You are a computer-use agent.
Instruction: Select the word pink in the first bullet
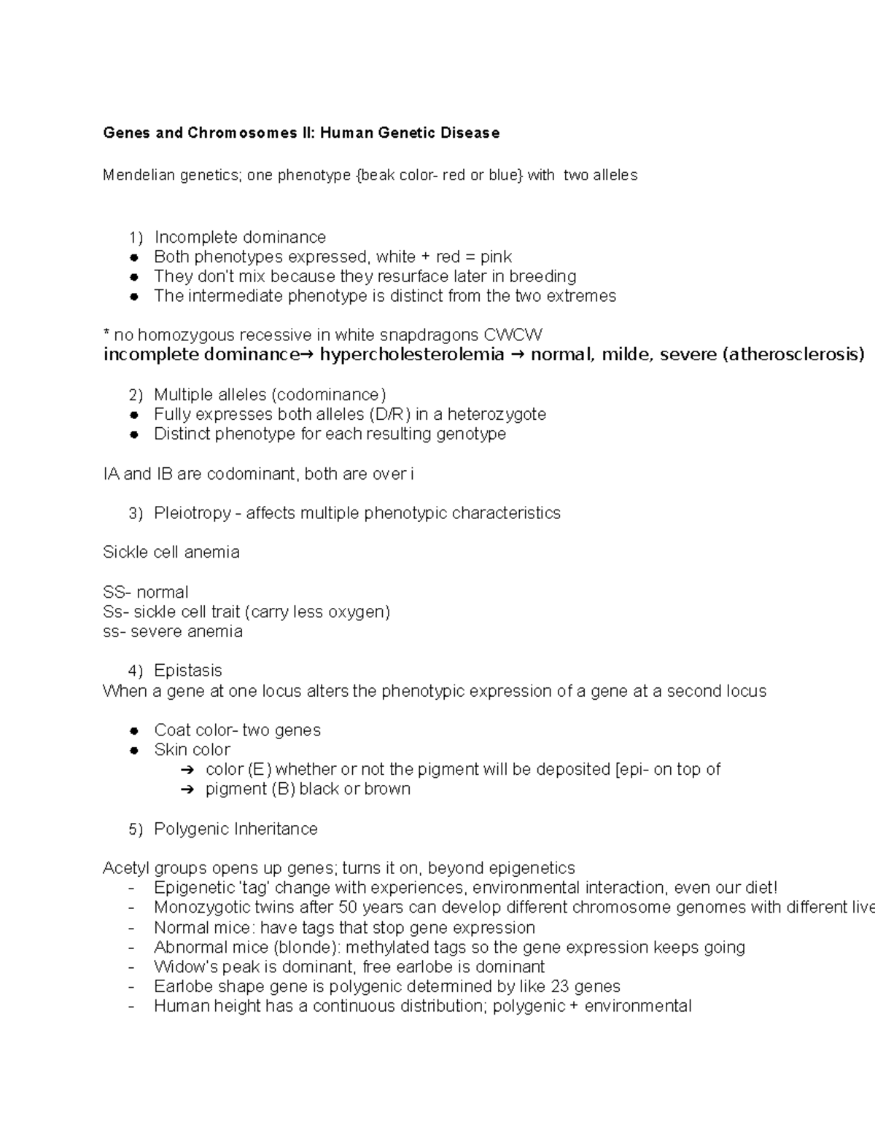(496, 257)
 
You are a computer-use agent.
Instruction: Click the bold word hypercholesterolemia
(412, 355)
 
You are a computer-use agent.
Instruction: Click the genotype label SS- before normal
(117, 592)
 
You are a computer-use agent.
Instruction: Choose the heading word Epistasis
(188, 671)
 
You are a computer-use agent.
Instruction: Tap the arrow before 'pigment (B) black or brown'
(186, 789)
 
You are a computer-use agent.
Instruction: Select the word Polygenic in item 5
(192, 830)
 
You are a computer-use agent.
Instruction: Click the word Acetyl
(125, 868)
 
